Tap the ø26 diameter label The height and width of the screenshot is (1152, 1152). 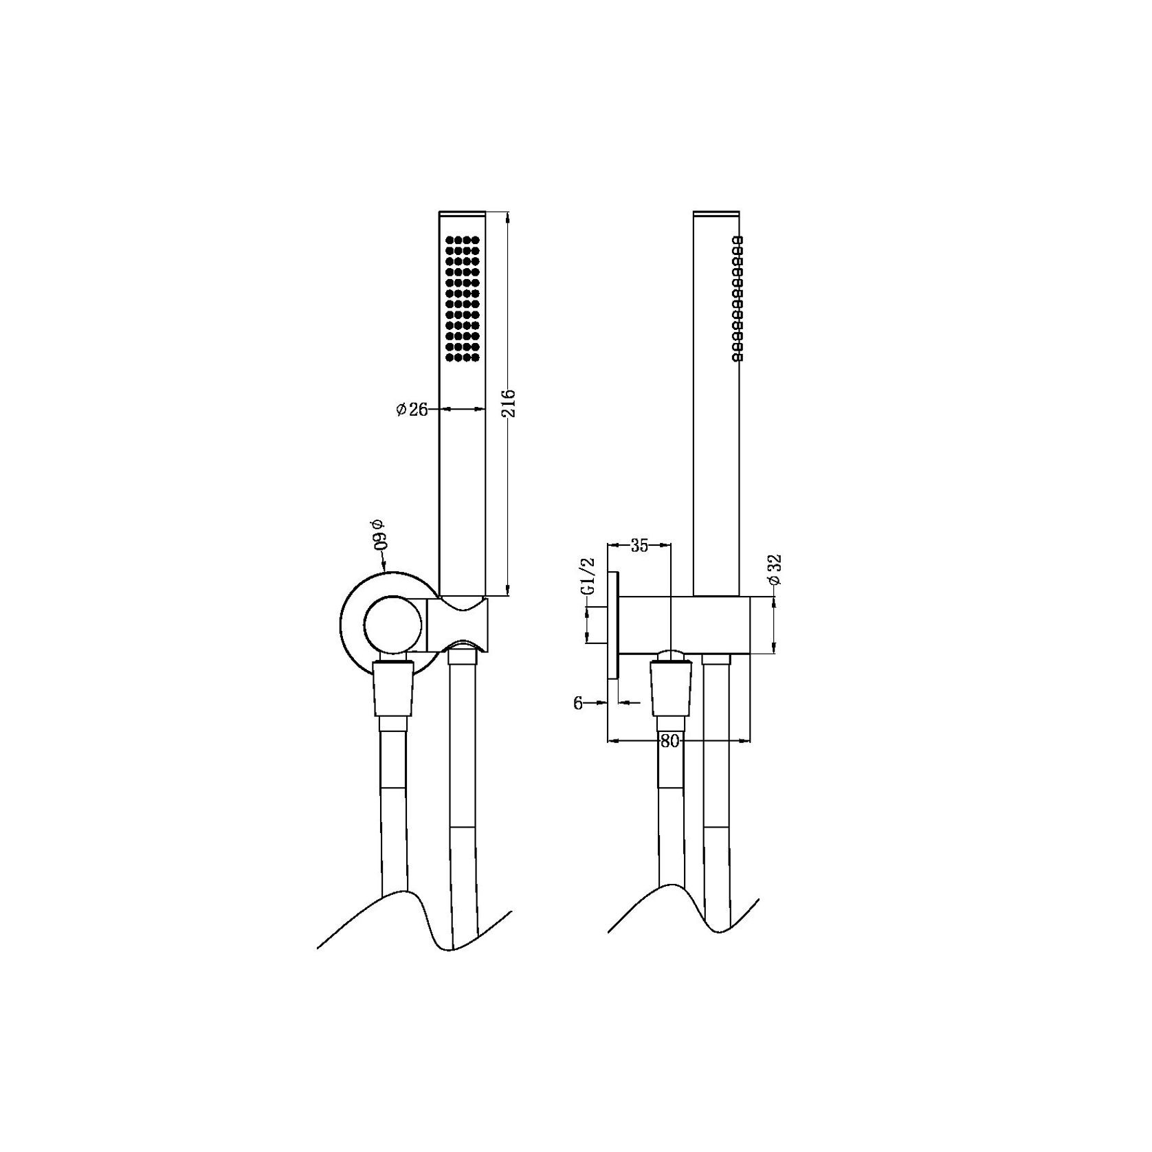412,410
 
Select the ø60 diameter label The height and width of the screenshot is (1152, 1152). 379,534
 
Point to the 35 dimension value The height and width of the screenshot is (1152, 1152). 639,546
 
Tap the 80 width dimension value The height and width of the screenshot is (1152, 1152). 669,741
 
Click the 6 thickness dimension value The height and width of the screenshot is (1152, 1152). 577,702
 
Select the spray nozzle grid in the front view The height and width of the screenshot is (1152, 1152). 462,298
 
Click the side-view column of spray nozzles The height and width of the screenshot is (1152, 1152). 736,298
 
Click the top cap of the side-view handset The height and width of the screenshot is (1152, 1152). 716,213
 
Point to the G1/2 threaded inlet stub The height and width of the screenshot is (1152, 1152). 595,625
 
